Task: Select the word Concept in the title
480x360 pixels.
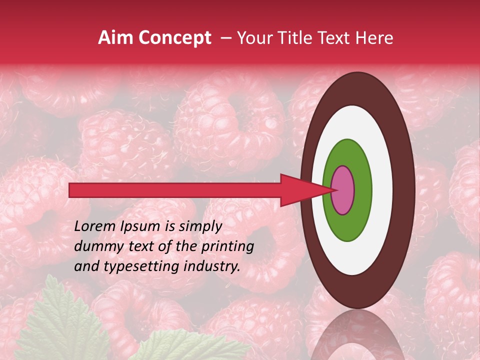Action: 174,38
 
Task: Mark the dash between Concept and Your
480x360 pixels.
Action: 226,38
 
